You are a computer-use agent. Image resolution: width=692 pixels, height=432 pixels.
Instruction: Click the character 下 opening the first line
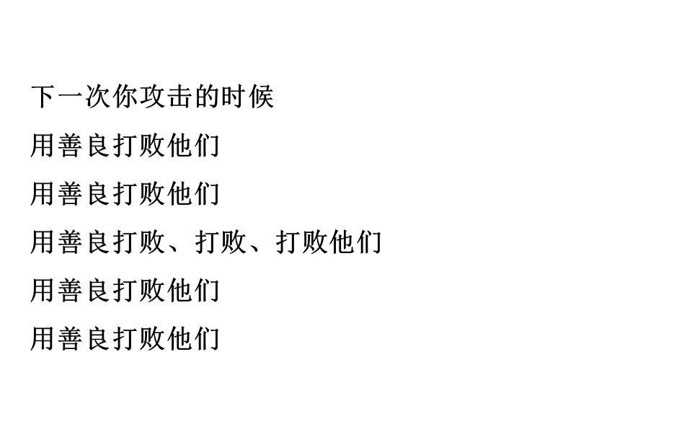44,97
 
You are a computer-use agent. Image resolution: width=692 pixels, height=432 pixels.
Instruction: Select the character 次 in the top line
98,97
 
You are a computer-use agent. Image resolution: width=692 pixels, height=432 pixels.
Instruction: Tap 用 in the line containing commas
44,242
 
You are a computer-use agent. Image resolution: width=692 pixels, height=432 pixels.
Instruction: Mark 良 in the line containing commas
98,242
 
